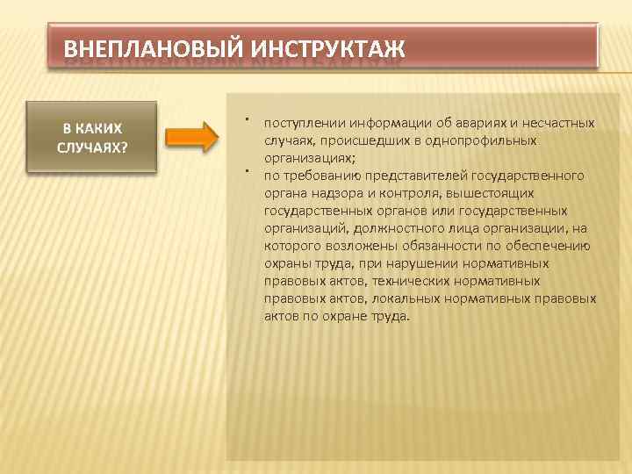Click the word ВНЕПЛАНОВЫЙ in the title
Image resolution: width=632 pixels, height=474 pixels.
pos(146,46)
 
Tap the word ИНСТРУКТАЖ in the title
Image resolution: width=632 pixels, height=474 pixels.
pos(320,46)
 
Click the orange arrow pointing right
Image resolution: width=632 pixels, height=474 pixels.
pos(191,138)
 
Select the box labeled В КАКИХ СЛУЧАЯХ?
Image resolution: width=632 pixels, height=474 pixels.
pos(91,137)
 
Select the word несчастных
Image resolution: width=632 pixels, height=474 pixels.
pos(563,123)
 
